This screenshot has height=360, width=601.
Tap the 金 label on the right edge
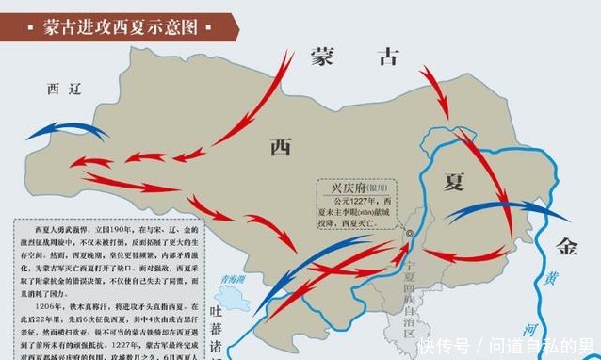tap(566, 248)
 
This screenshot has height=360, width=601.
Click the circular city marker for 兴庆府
tap(411, 232)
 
